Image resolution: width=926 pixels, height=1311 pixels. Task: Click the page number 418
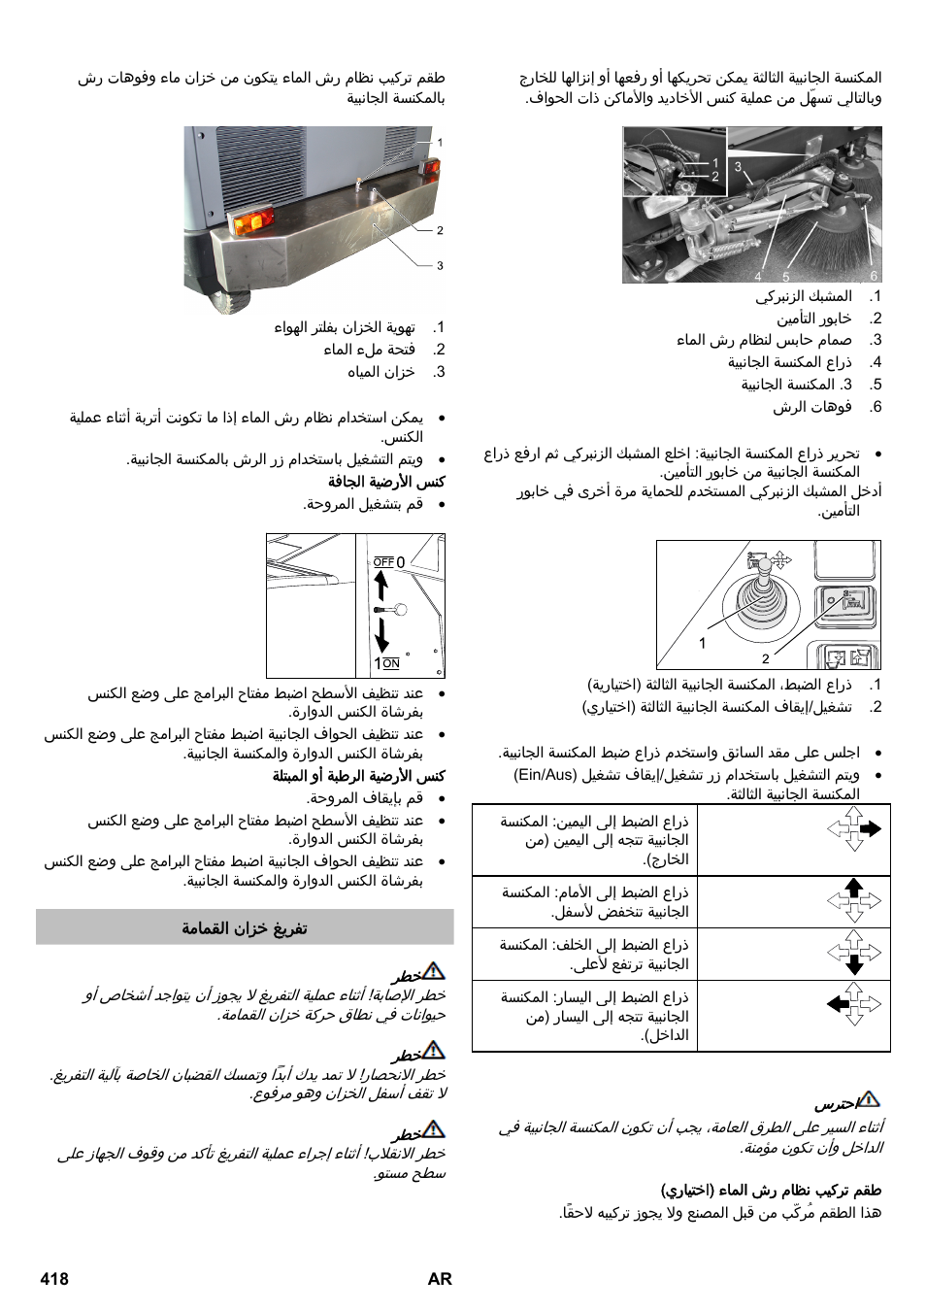pyautogui.click(x=54, y=1279)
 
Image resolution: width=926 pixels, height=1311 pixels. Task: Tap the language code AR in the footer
pyautogui.click(x=440, y=1279)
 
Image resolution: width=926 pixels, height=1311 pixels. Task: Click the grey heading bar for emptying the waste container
pyautogui.click(x=245, y=927)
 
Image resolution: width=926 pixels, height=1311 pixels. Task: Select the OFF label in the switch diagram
pyautogui.click(x=383, y=562)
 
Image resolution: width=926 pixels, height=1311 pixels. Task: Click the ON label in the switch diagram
pyautogui.click(x=391, y=663)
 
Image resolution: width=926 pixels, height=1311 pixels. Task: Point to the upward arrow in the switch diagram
pyautogui.click(x=381, y=585)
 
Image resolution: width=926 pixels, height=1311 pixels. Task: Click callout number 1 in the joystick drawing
pyautogui.click(x=703, y=643)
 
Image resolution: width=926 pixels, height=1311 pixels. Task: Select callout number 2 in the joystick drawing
pyautogui.click(x=765, y=658)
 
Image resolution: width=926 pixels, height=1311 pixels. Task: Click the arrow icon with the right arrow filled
pyautogui.click(x=854, y=829)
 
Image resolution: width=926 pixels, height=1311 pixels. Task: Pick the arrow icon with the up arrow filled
pyautogui.click(x=854, y=900)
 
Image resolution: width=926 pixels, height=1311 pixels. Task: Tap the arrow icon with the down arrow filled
pyautogui.click(x=854, y=953)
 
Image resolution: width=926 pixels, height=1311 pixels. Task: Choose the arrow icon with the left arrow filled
pyautogui.click(x=854, y=1004)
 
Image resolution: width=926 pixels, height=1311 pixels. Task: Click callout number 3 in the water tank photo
pyautogui.click(x=440, y=265)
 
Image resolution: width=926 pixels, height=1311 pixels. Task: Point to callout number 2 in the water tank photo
pyautogui.click(x=440, y=230)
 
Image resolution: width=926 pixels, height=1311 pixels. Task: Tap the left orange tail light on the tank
pyautogui.click(x=250, y=222)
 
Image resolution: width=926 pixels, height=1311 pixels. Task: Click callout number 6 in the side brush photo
pyautogui.click(x=874, y=277)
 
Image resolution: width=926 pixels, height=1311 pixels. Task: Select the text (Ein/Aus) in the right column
pyautogui.click(x=545, y=774)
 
